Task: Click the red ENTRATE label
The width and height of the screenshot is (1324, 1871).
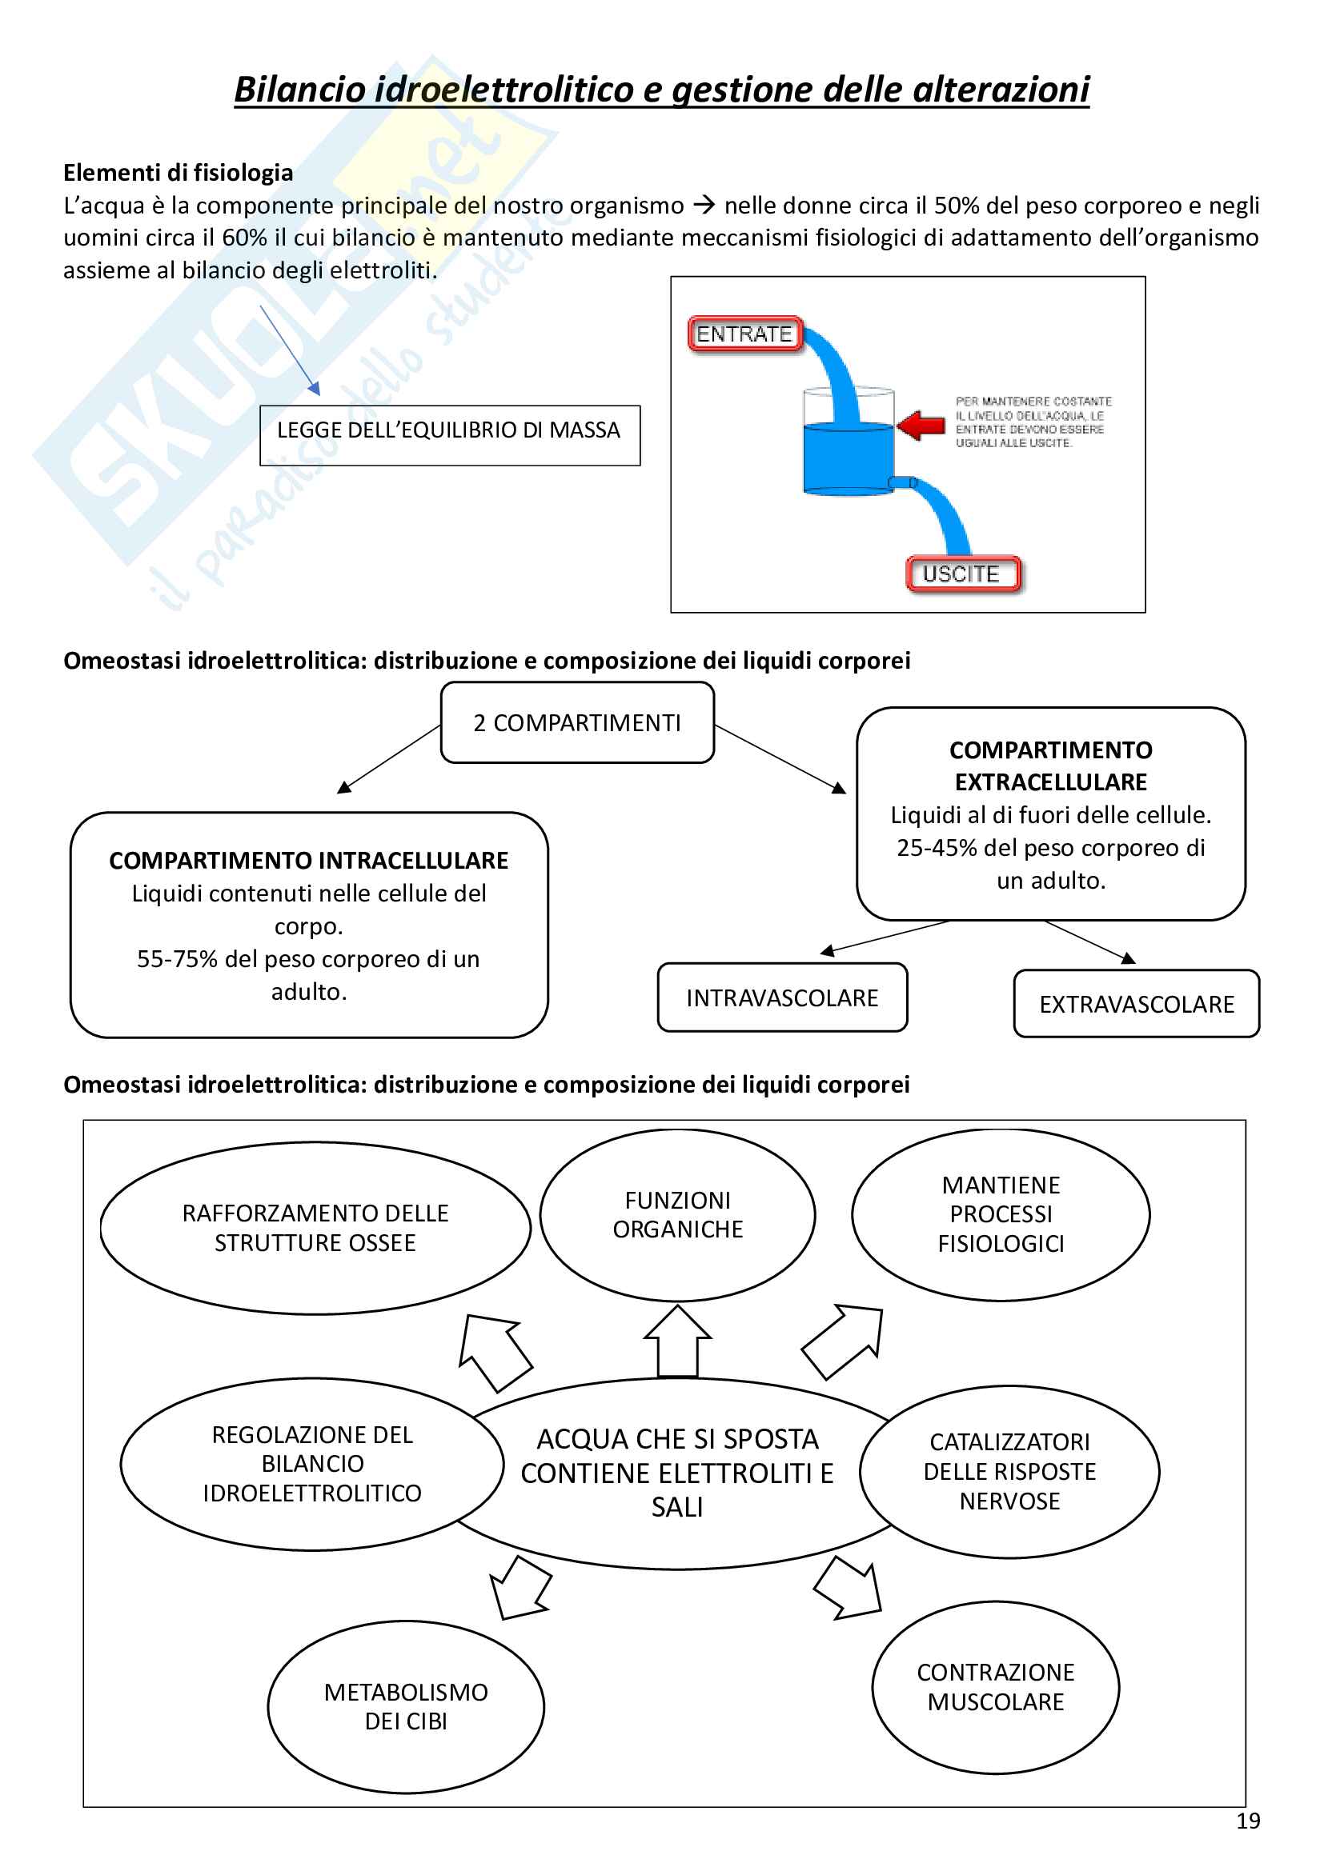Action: point(744,334)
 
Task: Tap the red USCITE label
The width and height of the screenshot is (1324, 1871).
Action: point(962,574)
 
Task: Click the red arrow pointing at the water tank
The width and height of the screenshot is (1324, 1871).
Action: point(921,425)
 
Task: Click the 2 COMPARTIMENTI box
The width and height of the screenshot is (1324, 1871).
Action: point(577,723)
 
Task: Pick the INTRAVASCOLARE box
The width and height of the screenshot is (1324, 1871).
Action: point(782,997)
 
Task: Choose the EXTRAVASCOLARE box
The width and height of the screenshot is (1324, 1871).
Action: point(1136,1004)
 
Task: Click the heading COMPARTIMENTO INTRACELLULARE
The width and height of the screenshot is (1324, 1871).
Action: point(308,861)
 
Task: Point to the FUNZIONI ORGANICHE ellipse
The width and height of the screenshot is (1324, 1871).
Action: point(677,1214)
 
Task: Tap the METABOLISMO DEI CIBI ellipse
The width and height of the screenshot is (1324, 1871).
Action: point(405,1706)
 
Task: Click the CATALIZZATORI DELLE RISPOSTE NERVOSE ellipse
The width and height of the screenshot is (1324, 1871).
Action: point(1009,1472)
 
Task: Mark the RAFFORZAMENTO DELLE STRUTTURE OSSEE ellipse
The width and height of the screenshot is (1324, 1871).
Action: point(315,1228)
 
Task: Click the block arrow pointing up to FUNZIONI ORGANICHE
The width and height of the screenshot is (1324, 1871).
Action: point(677,1340)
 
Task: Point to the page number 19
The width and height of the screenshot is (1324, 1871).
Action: point(1247,1821)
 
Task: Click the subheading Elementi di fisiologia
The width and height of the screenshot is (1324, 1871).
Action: point(178,173)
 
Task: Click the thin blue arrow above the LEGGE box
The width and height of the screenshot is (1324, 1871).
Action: point(290,349)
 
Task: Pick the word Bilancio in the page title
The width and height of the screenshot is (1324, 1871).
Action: point(299,90)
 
